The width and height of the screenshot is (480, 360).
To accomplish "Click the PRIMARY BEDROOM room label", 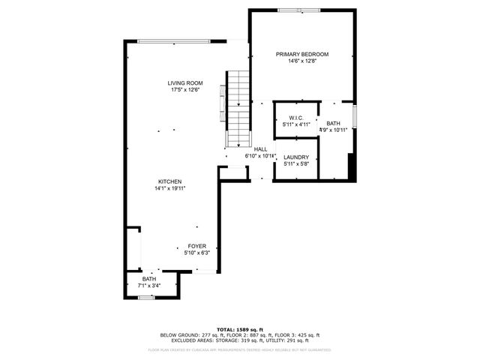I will coord(302,54).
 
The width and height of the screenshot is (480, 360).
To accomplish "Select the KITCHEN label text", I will coord(169,181).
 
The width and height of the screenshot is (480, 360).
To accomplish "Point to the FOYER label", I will coord(196,246).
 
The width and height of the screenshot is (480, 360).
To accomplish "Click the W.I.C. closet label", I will coord(295,118).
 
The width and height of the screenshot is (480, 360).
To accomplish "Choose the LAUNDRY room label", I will coord(296,157).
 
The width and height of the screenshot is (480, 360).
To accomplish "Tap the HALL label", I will coord(260,149).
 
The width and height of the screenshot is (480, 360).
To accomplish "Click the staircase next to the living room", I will coord(238,109).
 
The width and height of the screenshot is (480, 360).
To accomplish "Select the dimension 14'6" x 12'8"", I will coord(302,61).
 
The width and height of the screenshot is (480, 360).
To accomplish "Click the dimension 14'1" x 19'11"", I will coord(169,188).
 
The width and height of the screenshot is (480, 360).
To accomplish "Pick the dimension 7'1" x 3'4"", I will coord(150,286).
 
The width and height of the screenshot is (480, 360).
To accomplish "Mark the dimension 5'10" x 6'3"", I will coord(196,253).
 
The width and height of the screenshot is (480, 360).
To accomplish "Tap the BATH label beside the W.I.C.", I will coord(333,123).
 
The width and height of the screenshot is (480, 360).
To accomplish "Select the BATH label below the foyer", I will coord(150,279).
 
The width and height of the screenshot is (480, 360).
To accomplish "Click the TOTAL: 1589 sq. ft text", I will coord(240,329).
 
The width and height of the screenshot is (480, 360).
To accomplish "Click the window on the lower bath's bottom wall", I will coord(146,298).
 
